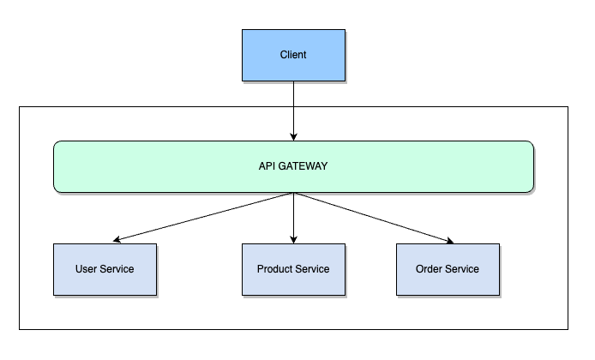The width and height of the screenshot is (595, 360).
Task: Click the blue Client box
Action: [x=293, y=55]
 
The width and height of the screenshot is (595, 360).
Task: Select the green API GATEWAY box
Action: [x=293, y=165]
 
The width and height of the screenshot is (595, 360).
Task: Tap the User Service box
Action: [x=105, y=269]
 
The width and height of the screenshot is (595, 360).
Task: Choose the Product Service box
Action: [x=293, y=269]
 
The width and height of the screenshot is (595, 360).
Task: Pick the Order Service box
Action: [x=447, y=269]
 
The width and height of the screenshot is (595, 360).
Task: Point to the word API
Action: [x=267, y=165]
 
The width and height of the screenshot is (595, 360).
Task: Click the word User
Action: [x=87, y=269]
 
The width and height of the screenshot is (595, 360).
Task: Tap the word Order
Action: [x=430, y=269]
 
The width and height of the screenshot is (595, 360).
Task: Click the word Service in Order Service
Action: [x=463, y=269]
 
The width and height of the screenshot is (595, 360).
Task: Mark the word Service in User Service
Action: [x=117, y=269]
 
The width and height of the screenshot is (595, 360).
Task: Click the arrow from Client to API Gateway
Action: [x=293, y=110]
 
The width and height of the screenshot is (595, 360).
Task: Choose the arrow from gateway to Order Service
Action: [x=370, y=216]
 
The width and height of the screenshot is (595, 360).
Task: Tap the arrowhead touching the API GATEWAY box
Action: [x=293, y=135]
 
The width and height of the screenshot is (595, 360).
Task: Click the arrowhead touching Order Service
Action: [x=449, y=240]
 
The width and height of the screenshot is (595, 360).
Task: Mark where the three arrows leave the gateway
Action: [x=293, y=193]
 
